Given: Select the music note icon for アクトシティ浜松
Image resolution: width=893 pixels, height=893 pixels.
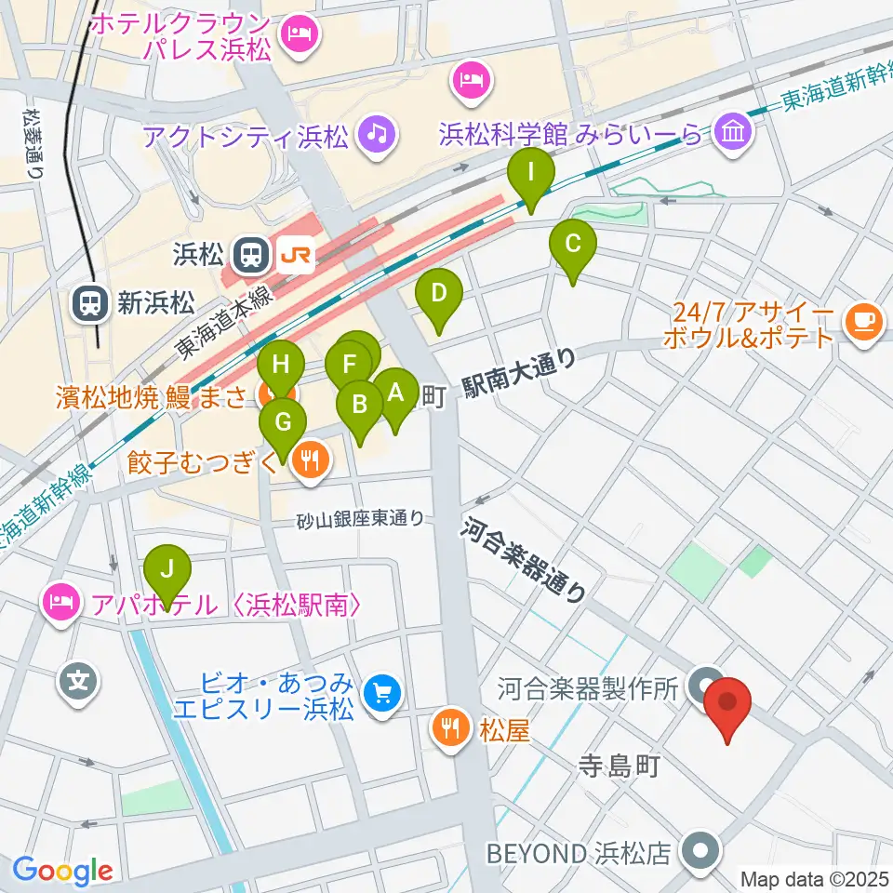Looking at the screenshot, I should pyautogui.click(x=376, y=137).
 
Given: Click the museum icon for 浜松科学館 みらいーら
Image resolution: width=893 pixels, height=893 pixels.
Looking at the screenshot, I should pyautogui.click(x=734, y=134).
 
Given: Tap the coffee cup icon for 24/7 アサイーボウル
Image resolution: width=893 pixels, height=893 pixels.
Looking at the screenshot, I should pyautogui.click(x=863, y=321).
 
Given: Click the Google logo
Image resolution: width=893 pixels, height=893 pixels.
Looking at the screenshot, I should pyautogui.click(x=63, y=871).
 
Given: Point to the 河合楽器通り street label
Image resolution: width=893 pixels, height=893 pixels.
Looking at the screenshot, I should pyautogui.click(x=526, y=561).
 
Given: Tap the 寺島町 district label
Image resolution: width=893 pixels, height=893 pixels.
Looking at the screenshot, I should pyautogui.click(x=619, y=766).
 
